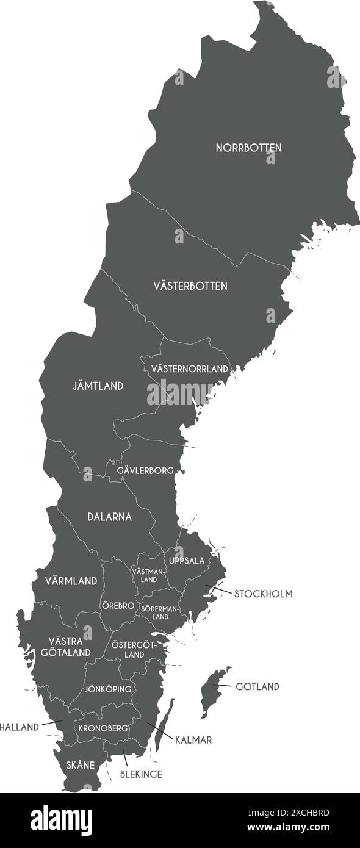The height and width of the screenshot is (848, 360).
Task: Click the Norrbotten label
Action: pos(248,148)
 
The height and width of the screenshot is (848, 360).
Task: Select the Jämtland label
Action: pos(98,386)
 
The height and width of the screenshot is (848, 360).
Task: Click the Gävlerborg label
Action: pos(145,470)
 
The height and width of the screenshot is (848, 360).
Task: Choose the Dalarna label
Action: pos(109,517)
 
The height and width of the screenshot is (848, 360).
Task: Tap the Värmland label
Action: pos(71,581)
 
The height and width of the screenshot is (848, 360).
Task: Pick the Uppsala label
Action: pos(187,560)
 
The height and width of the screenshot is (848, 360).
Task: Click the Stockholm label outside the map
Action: pos(263,594)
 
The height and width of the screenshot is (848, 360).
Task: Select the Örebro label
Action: pos(117,606)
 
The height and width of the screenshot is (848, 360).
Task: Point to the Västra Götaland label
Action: pos(70,647)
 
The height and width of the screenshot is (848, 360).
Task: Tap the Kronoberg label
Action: pos(103,728)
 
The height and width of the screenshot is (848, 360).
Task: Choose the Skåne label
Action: pos(80,765)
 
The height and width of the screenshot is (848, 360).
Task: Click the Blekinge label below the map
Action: pos(141,774)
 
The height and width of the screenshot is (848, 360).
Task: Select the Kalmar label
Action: pos(193,740)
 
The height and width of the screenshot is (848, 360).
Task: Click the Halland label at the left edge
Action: pos(20,727)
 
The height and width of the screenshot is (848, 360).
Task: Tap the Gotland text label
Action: pos(257,687)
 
